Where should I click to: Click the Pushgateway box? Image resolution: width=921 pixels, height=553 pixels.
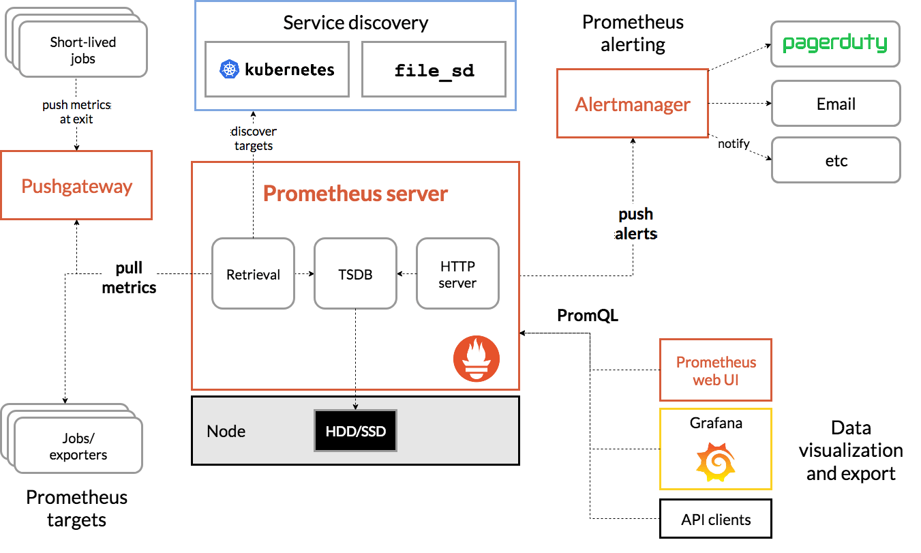point(76,185)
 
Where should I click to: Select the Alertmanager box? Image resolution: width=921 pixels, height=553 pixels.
point(632,104)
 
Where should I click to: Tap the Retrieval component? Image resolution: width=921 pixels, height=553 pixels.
point(253,273)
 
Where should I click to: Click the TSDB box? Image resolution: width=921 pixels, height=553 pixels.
point(355,273)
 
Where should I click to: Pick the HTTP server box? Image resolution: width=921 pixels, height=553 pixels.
point(457,273)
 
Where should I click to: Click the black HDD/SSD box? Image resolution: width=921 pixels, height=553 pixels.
point(355,431)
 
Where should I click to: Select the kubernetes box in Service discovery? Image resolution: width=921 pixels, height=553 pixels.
point(277,69)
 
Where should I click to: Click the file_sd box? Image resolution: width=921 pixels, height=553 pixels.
point(434,69)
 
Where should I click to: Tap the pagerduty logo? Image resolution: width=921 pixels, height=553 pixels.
point(835,44)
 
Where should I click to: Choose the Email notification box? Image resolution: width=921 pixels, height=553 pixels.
point(835,104)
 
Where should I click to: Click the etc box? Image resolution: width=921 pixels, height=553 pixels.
point(835,160)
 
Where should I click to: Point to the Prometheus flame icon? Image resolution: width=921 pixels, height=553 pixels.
point(477,359)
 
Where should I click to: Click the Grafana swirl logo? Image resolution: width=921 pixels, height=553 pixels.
point(715,462)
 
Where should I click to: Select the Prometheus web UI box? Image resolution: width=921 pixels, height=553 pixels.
point(715,370)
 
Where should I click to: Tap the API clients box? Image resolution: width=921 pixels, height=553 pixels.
point(715,520)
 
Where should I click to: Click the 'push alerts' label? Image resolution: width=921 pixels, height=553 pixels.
point(635,224)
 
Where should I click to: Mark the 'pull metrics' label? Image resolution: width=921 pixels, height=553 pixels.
point(129,278)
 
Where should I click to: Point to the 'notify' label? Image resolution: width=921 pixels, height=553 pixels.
point(734,144)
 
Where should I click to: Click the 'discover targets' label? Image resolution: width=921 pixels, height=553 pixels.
point(254,138)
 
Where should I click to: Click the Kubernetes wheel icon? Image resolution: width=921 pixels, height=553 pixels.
point(228,70)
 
